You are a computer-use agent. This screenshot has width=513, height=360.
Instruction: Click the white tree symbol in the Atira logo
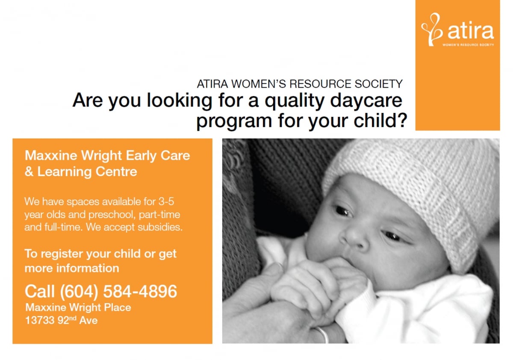coord(431,30)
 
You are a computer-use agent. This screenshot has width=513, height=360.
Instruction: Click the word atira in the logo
coord(471,31)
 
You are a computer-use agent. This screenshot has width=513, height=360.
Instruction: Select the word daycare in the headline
coord(366,101)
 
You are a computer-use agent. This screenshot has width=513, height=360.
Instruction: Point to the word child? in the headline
coord(380,121)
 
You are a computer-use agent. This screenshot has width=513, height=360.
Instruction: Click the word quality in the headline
coord(295,101)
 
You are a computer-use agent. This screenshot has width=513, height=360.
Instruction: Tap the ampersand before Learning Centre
coord(29,172)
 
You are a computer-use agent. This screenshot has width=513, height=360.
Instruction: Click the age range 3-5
coord(166,202)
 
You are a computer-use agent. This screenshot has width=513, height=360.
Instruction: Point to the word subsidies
coord(160,227)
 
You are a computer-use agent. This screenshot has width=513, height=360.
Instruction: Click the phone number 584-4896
coord(140,292)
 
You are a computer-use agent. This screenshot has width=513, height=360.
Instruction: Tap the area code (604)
coord(79,292)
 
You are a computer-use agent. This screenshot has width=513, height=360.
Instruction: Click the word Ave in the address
coord(88,320)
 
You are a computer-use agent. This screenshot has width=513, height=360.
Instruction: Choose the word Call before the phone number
coord(40,292)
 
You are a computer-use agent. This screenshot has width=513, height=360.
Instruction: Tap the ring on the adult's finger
coord(322,335)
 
